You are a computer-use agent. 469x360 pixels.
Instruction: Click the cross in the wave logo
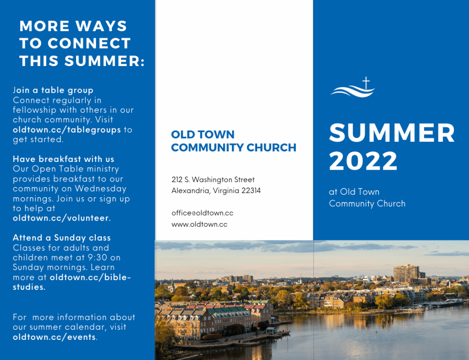pyautogui.click(x=366, y=83)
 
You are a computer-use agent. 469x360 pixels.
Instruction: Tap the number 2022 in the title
pyautogui.click(x=363, y=161)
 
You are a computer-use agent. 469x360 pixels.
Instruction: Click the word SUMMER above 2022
pyautogui.click(x=392, y=133)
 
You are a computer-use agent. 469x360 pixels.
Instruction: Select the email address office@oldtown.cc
pyautogui.click(x=202, y=213)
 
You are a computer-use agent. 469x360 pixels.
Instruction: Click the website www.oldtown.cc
pyautogui.click(x=199, y=224)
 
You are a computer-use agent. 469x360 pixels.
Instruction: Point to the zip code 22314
pyautogui.click(x=251, y=191)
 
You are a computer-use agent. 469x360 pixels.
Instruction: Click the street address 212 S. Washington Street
pyautogui.click(x=213, y=180)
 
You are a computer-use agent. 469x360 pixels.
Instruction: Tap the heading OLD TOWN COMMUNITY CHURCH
pyautogui.click(x=234, y=141)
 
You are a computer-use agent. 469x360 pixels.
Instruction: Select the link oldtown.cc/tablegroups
pyautogui.click(x=66, y=130)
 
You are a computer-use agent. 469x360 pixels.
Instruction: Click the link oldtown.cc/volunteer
pyautogui.click(x=61, y=218)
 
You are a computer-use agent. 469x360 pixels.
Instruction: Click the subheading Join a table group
pyautogui.click(x=53, y=90)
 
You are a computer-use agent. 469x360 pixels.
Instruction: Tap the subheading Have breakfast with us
pyautogui.click(x=63, y=159)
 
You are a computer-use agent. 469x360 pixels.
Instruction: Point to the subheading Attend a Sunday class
pyautogui.click(x=61, y=238)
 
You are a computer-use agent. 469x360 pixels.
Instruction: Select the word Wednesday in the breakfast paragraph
pyautogui.click(x=100, y=189)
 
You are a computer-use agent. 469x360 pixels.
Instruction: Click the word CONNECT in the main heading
pyautogui.click(x=89, y=44)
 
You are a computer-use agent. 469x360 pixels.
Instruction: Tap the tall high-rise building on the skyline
pyautogui.click(x=407, y=273)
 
